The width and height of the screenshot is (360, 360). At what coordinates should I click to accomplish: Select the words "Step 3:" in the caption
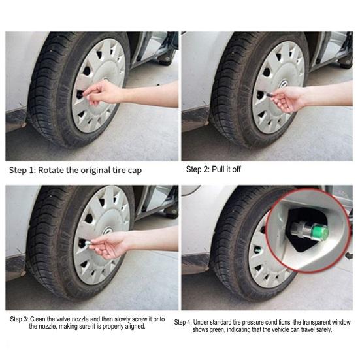pyautogui.click(x=20, y=319)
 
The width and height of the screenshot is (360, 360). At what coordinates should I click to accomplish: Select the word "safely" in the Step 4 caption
pyautogui.click(x=320, y=330)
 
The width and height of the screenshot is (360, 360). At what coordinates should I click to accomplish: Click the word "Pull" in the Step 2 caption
pyautogui.click(x=220, y=169)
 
